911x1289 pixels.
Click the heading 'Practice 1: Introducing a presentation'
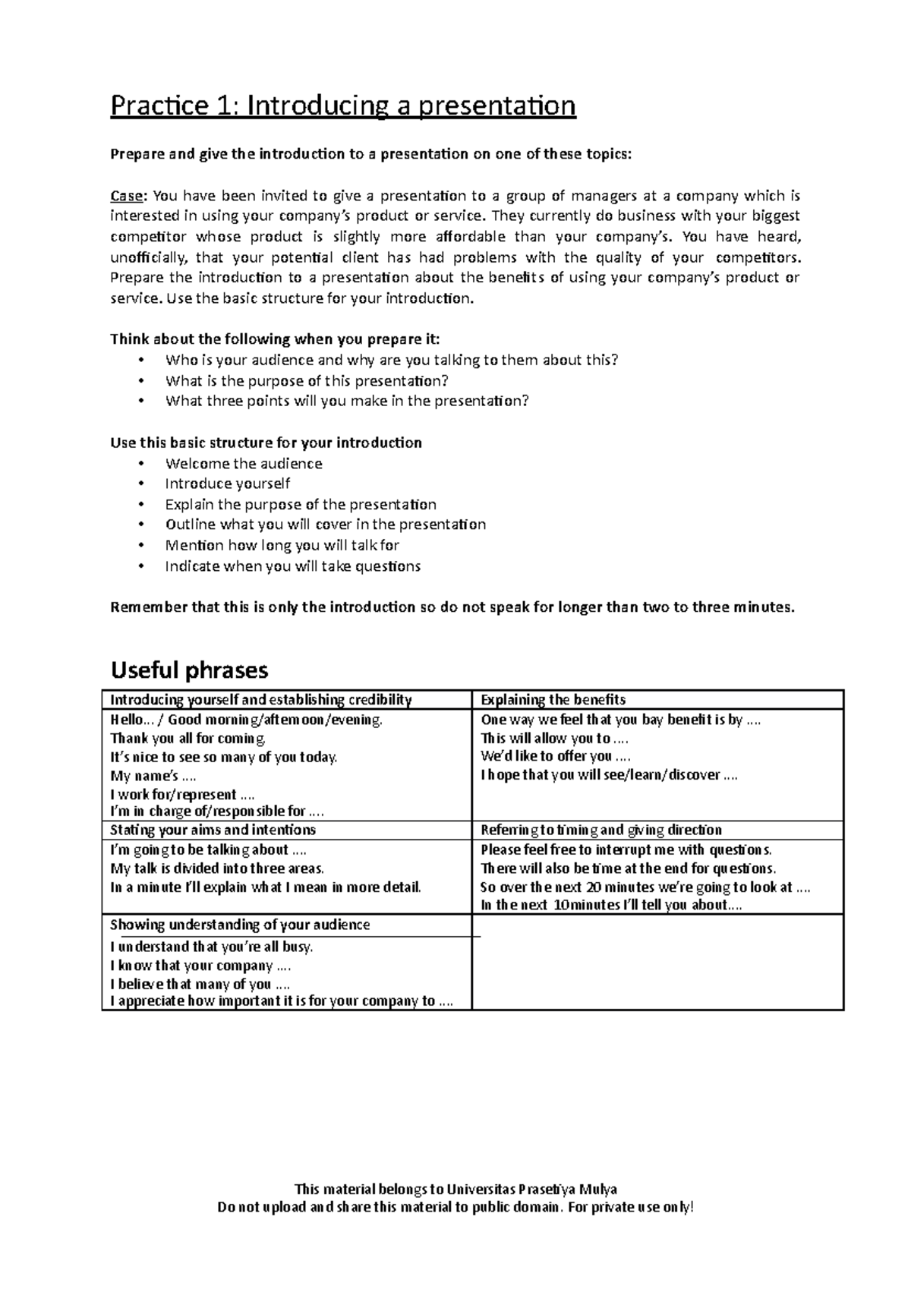point(343,107)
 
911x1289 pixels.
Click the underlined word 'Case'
point(127,196)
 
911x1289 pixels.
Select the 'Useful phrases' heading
point(189,670)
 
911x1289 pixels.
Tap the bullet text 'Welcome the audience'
point(244,464)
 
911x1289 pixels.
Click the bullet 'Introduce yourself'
point(228,484)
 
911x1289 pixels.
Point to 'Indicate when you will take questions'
point(292,566)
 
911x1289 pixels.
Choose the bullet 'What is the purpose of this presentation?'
point(307,381)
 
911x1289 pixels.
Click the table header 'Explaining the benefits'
point(553,700)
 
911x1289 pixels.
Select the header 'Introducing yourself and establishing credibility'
point(261,700)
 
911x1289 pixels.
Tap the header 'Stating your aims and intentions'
point(213,830)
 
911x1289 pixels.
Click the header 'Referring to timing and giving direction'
point(601,830)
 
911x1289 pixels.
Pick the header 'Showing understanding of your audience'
point(240,925)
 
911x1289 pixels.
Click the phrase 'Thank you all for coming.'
point(188,738)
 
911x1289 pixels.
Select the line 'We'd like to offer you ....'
point(556,756)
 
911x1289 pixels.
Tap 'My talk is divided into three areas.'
point(217,868)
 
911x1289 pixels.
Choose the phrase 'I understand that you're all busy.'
point(212,947)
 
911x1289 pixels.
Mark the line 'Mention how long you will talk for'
point(282,545)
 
